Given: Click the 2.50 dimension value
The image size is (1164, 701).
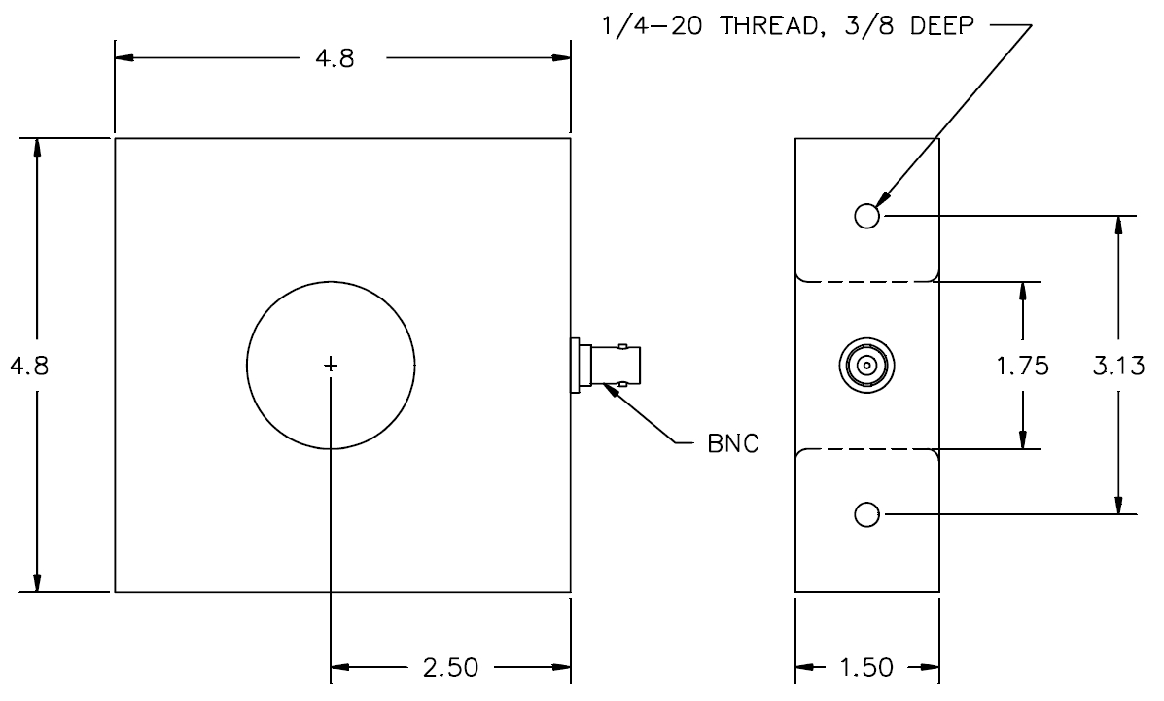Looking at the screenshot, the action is (450, 668).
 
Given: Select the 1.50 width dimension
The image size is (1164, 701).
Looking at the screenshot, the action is (866, 668).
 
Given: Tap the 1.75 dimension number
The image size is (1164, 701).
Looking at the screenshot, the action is (1022, 366).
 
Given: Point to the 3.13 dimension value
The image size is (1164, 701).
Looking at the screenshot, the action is (1118, 366).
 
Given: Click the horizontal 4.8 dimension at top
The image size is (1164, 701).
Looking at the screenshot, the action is (335, 58).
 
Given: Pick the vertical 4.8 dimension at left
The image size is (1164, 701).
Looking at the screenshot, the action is (29, 366).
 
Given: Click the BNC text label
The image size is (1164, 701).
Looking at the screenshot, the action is (733, 443).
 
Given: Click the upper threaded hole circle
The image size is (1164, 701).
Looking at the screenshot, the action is (867, 216).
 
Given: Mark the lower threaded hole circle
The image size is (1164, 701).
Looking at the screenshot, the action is (867, 514).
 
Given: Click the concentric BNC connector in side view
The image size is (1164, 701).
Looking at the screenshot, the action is (866, 366).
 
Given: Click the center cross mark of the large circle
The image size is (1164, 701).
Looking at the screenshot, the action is (331, 365).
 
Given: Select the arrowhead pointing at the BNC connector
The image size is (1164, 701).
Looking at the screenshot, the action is (611, 388).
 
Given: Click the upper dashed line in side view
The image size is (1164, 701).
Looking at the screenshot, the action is (866, 281).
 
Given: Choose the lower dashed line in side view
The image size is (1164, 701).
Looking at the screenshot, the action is (866, 449).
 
